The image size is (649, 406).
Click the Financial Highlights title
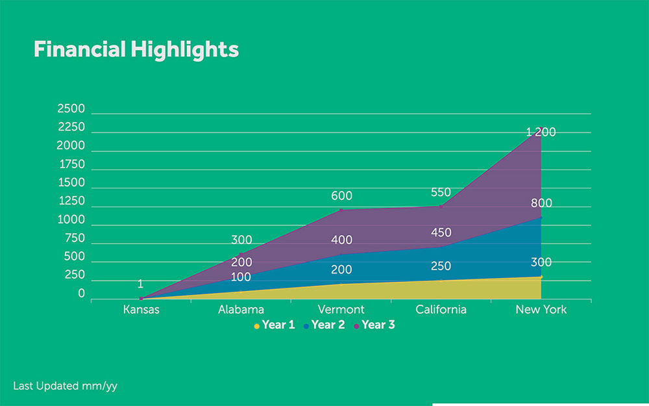(x=136, y=49)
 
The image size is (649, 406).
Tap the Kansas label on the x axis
(x=141, y=309)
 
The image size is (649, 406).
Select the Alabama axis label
(x=240, y=309)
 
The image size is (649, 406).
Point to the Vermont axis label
(x=341, y=309)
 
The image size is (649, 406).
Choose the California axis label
(x=441, y=309)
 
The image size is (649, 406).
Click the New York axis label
(x=541, y=309)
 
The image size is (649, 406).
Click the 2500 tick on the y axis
(x=71, y=108)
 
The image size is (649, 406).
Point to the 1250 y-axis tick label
(x=71, y=201)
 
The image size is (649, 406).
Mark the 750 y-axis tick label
(x=74, y=238)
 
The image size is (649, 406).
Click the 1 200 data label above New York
(x=541, y=132)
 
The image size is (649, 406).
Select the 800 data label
(x=541, y=203)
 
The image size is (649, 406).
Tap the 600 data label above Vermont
(x=341, y=195)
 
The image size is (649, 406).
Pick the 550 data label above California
(x=441, y=192)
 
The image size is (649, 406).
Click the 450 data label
(x=441, y=233)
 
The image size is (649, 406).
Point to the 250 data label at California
(x=441, y=266)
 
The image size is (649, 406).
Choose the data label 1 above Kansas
(x=140, y=284)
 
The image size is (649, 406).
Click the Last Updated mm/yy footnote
(x=65, y=386)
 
